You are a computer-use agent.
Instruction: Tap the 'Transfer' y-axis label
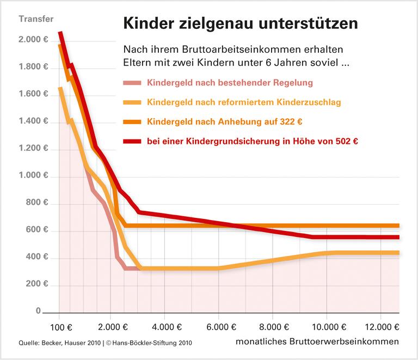(x=36, y=19)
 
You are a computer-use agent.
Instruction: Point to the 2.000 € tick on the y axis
(x=34, y=40)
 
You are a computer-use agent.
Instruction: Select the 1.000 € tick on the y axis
(x=34, y=176)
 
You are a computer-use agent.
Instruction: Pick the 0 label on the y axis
(x=38, y=312)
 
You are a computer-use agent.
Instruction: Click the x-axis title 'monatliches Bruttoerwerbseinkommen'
(x=317, y=342)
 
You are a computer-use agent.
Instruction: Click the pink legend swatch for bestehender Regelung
(x=132, y=83)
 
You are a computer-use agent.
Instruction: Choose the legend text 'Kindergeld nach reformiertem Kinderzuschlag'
(x=244, y=102)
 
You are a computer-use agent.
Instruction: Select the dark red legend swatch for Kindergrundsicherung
(x=132, y=141)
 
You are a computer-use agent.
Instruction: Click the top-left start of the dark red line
(x=60, y=33)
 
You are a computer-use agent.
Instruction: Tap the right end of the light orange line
(x=398, y=252)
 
